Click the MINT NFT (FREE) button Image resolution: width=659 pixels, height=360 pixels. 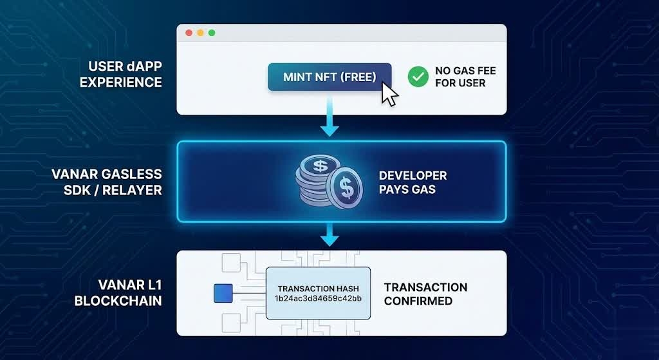(x=329, y=77)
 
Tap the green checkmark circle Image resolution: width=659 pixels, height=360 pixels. (x=418, y=77)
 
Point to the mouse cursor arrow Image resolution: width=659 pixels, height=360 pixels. (x=389, y=94)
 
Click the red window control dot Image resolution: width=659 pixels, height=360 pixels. (x=189, y=33)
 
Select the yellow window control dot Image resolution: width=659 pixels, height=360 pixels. (x=200, y=33)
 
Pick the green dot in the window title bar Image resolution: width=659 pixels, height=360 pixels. (x=212, y=33)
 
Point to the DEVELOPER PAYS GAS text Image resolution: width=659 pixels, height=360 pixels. (x=413, y=182)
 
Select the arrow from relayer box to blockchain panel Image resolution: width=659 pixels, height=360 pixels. (x=329, y=235)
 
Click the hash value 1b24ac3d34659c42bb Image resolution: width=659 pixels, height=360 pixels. (x=319, y=299)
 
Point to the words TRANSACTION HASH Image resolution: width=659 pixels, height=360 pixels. (x=319, y=289)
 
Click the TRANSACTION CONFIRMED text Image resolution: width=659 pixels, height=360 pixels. (x=425, y=294)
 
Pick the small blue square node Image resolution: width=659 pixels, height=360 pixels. (x=221, y=294)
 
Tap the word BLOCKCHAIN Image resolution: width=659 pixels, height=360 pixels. (x=118, y=301)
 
